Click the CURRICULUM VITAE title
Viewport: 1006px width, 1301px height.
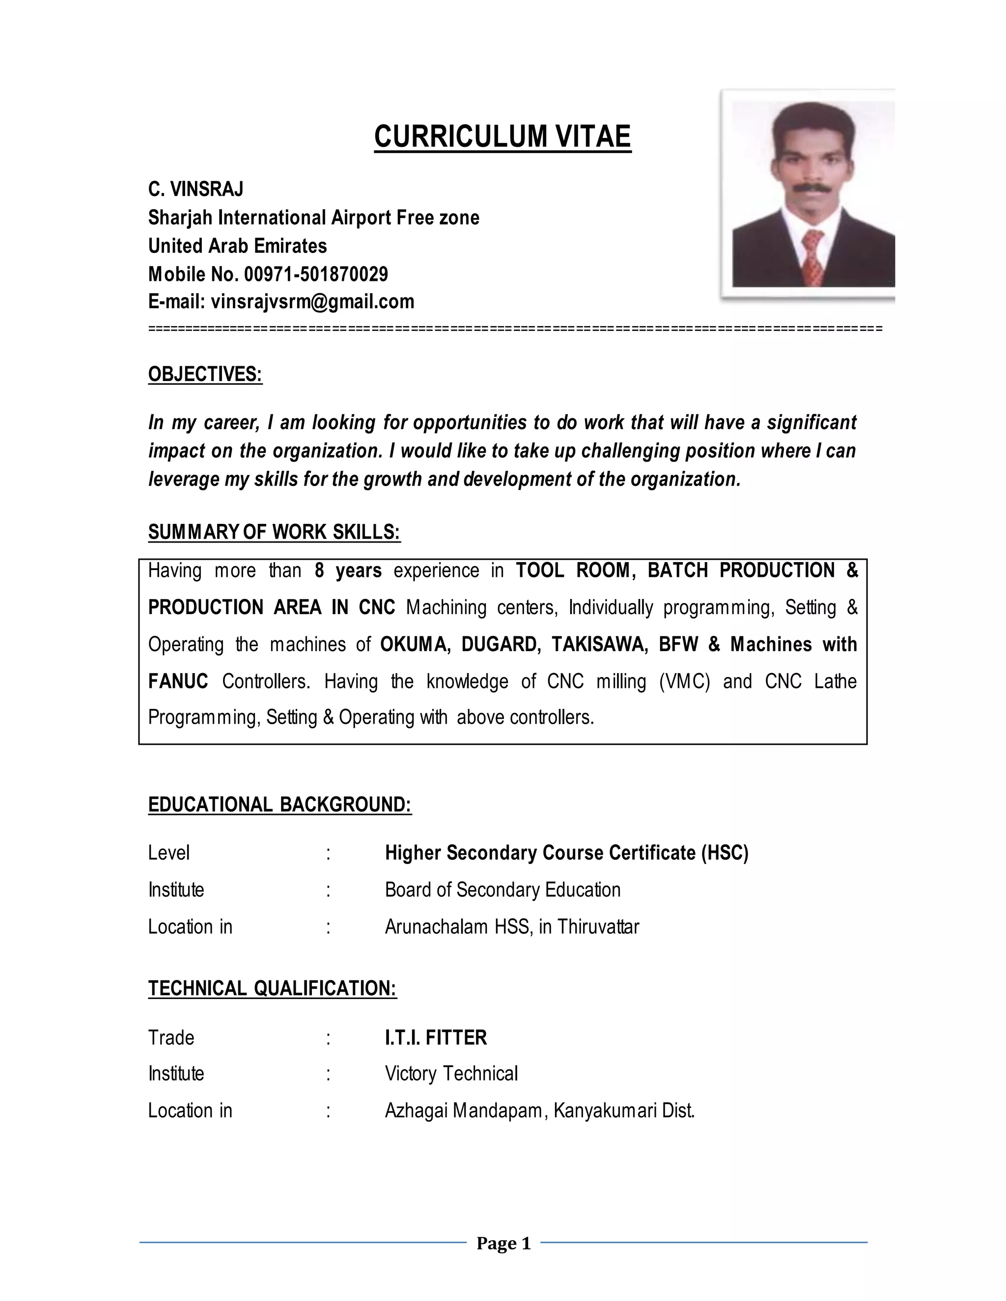coord(503,136)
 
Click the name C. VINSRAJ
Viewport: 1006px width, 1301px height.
coord(196,189)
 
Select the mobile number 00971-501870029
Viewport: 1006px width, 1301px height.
coord(316,274)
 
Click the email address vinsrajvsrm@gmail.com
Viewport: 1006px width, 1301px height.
coord(312,301)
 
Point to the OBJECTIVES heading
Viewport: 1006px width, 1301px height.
coord(205,374)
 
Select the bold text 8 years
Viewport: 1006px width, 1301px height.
coord(348,570)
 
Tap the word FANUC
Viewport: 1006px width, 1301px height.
coord(178,681)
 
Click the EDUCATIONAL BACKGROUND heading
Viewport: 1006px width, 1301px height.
coord(279,804)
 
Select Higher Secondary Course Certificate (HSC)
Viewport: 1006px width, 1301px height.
coord(566,853)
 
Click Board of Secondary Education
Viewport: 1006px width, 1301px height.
coord(503,890)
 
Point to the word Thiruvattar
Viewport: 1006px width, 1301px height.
coord(598,927)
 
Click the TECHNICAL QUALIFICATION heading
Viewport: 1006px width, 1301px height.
coord(272,988)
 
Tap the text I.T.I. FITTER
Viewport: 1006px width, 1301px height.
coord(436,1038)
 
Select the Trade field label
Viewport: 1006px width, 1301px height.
coord(171,1038)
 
